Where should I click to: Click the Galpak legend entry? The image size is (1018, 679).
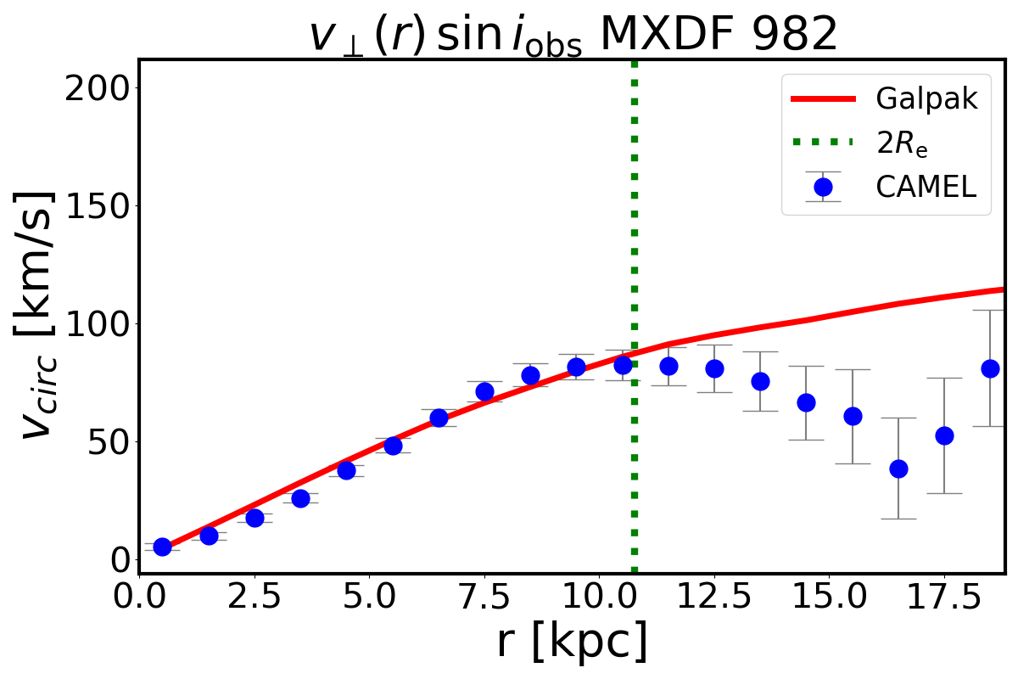(927, 99)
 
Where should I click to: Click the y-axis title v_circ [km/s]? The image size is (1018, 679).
(38, 314)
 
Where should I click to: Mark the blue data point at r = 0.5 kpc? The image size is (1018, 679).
(162, 547)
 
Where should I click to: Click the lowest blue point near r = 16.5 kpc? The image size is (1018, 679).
(898, 469)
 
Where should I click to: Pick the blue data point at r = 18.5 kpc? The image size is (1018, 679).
(990, 368)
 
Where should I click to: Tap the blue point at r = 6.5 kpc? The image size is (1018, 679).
(439, 418)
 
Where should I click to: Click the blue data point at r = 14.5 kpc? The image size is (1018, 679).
(806, 402)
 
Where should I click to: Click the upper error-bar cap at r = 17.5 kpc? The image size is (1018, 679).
(944, 378)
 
